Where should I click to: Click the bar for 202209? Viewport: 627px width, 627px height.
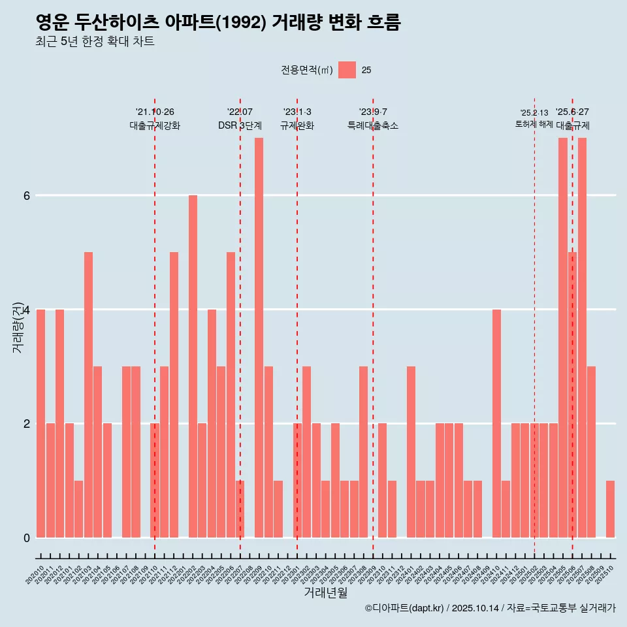(x=259, y=338)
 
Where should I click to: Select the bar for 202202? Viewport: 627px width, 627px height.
(x=193, y=366)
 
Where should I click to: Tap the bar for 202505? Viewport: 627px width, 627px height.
(x=563, y=338)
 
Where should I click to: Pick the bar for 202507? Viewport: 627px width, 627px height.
(x=582, y=338)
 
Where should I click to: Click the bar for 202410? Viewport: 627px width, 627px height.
(x=496, y=423)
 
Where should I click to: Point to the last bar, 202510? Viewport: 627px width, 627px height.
(x=610, y=509)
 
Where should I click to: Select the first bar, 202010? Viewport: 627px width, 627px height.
(x=40, y=423)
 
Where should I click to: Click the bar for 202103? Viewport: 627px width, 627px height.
(x=88, y=394)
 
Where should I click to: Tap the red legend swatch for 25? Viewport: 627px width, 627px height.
(x=347, y=70)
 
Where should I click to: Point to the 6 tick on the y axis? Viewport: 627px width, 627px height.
(x=26, y=195)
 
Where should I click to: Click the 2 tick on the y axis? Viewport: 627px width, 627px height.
(x=26, y=423)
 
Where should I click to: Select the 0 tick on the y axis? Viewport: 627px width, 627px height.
(x=26, y=538)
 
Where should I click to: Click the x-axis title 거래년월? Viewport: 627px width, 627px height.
(x=325, y=593)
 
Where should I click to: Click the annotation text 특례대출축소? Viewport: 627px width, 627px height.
(x=373, y=125)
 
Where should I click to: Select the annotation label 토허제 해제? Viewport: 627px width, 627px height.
(x=534, y=124)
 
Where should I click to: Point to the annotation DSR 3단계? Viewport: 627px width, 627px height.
(x=240, y=125)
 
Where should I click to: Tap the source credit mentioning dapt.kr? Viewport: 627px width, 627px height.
(x=490, y=608)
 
